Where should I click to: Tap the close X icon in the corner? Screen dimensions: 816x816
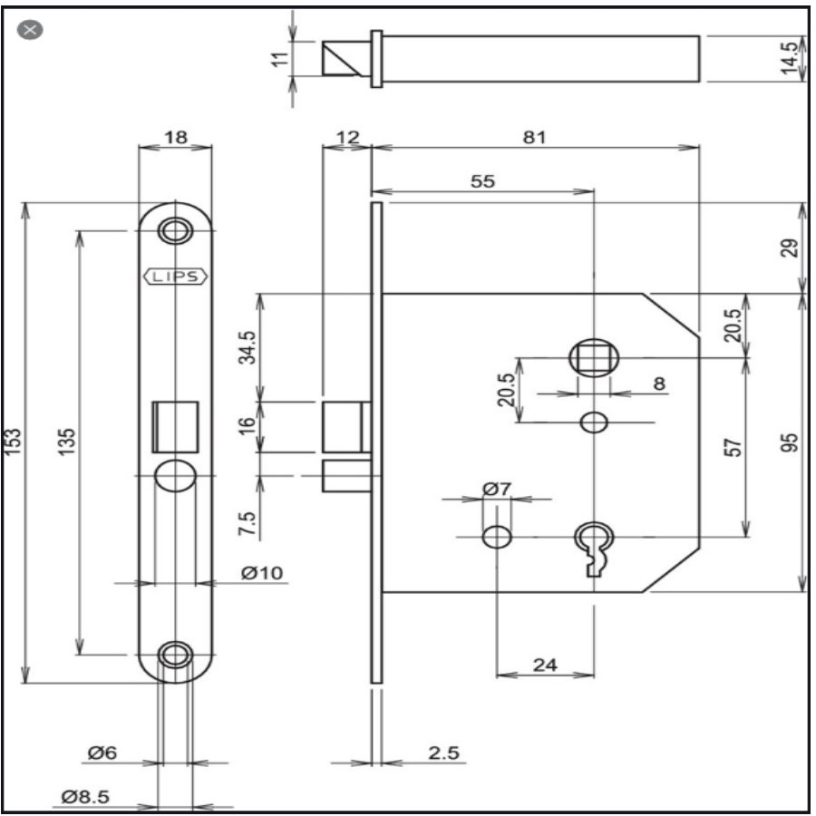(31, 29)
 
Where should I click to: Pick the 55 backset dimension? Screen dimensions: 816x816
(483, 180)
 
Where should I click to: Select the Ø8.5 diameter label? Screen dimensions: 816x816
(86, 797)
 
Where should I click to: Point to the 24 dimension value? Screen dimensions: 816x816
(544, 665)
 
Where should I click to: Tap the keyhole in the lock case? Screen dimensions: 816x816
(594, 544)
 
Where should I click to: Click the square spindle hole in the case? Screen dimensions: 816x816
(593, 358)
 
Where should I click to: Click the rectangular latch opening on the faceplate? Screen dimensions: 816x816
(175, 424)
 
